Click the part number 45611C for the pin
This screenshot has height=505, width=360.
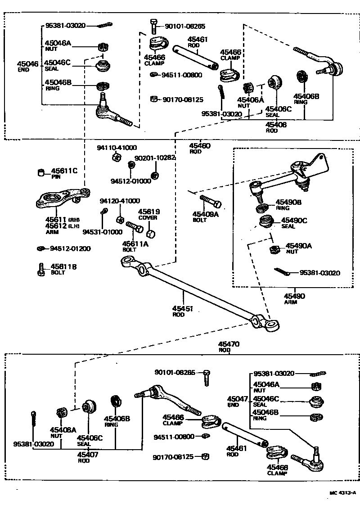(x=64, y=171)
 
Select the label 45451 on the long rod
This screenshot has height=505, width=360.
(x=183, y=308)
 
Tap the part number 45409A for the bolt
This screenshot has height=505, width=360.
(x=205, y=214)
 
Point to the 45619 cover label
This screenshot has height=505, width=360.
(x=149, y=212)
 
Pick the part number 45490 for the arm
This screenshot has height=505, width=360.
(x=294, y=296)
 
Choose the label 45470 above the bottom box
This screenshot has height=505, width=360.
(x=229, y=344)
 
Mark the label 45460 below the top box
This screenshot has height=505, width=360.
(x=199, y=146)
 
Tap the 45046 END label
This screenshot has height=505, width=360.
(x=28, y=64)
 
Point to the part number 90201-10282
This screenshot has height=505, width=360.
(x=155, y=158)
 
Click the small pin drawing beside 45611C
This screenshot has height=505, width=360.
(x=41, y=172)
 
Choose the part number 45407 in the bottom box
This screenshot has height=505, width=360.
(x=89, y=455)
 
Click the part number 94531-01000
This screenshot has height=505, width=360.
(x=102, y=232)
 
